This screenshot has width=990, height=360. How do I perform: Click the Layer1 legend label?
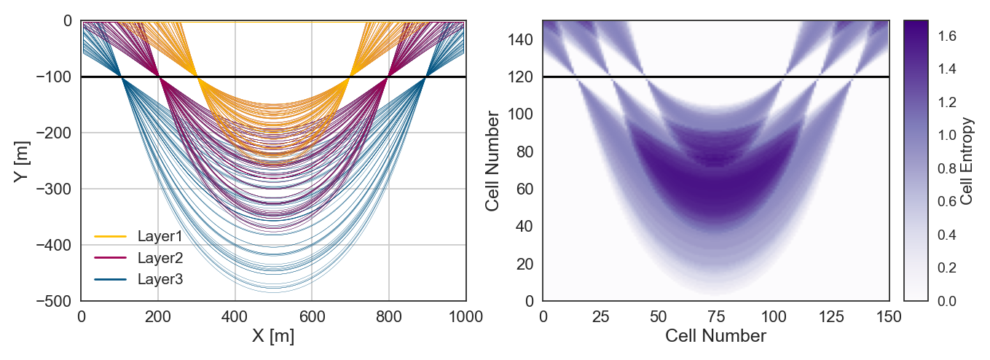160,236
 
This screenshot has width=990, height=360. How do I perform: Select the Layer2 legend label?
160,258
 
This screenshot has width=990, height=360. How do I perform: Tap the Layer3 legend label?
160,279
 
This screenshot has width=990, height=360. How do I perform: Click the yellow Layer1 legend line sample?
111,237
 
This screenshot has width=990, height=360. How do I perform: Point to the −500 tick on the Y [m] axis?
53,301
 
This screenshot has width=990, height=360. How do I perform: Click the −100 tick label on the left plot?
53,77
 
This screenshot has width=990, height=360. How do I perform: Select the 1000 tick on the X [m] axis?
465,317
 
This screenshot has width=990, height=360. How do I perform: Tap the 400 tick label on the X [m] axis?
235,317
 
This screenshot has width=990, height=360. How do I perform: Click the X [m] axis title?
273,336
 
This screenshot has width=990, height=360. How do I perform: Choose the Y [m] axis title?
21,162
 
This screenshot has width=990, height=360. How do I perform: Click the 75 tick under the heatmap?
716,317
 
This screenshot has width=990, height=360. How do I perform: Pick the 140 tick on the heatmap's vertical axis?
520,40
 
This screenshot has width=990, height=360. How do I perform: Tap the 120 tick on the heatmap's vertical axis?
520,77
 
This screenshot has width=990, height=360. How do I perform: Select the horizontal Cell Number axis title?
715,336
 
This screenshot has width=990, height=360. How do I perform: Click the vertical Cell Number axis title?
492,161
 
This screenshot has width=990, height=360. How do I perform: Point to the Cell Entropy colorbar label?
967,161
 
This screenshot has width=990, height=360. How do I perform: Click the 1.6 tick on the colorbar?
947,36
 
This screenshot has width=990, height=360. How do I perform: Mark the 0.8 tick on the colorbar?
947,168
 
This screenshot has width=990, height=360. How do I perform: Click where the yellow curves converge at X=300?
197,77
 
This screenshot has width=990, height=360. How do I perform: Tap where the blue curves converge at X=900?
426,77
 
